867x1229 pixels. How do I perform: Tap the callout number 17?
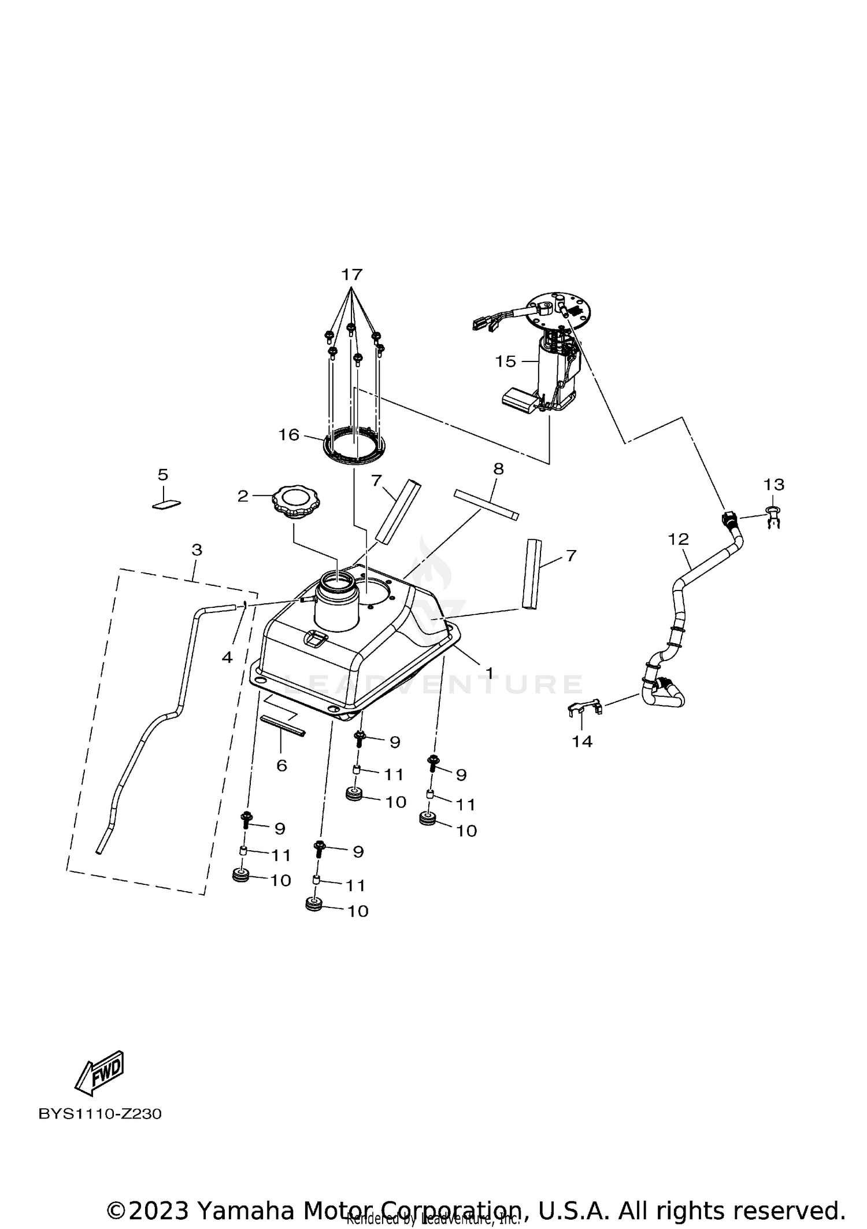[x=351, y=274]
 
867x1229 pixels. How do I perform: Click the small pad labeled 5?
[x=166, y=504]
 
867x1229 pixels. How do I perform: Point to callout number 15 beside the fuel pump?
[x=505, y=361]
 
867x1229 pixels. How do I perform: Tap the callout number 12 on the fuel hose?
[x=679, y=539]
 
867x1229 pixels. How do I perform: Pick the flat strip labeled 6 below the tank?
[x=283, y=725]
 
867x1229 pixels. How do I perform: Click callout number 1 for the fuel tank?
[x=489, y=673]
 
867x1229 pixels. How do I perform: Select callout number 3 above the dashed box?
[x=197, y=549]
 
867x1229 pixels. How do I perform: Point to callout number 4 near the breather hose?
[x=227, y=657]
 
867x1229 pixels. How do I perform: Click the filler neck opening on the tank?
[x=337, y=580]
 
